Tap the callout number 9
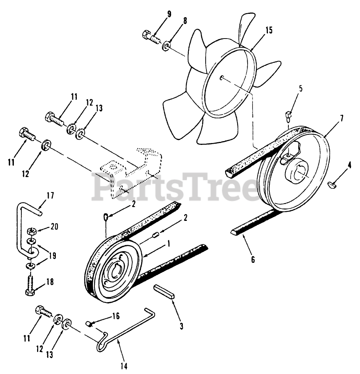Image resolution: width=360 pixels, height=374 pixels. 169,15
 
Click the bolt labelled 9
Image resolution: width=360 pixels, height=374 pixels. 150,37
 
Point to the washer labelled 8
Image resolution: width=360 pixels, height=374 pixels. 166,47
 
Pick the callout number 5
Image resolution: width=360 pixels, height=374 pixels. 301,89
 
